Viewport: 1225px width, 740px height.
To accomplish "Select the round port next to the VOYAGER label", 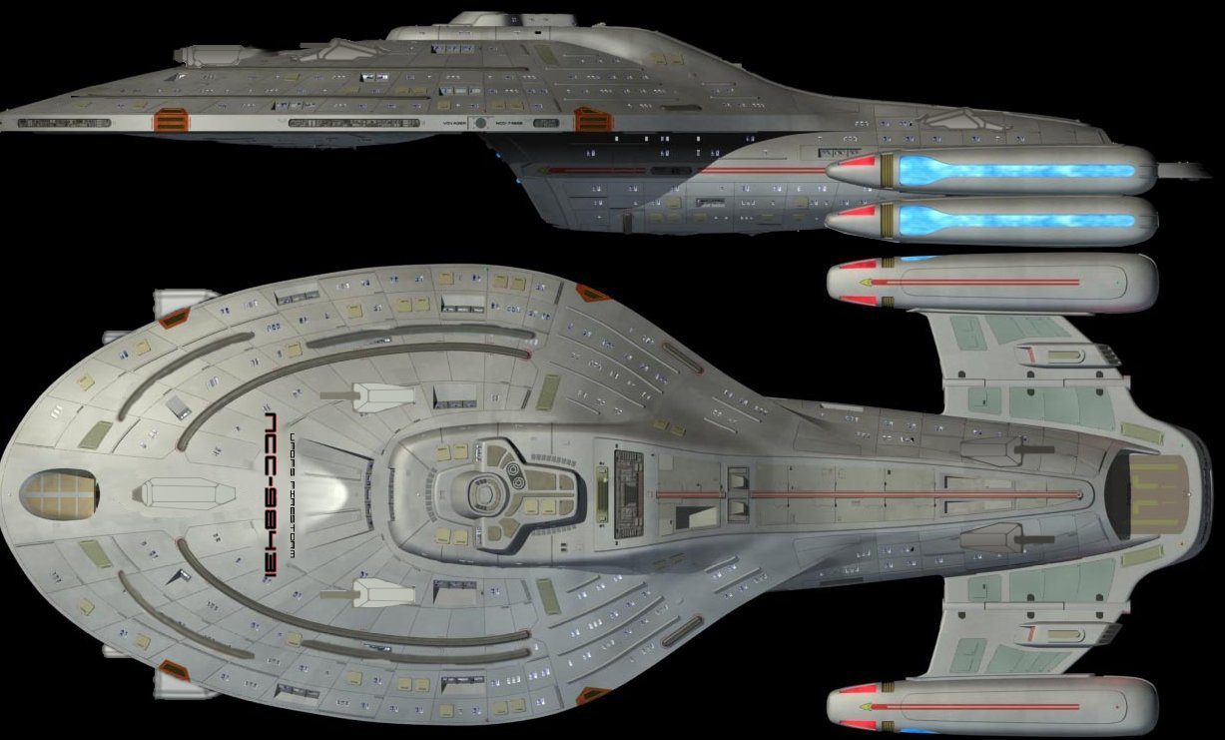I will tap(481, 123).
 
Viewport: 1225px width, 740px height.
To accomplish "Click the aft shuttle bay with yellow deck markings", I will tap(1145, 493).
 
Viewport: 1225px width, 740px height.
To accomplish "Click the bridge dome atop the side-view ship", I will tap(479, 19).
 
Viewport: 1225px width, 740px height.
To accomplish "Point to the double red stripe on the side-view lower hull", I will tap(759, 172).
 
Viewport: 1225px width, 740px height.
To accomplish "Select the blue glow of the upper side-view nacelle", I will tap(1018, 170).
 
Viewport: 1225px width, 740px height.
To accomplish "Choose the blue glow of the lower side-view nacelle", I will tap(1018, 221).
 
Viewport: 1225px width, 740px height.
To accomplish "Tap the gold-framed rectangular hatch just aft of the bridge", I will tap(601, 495).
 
